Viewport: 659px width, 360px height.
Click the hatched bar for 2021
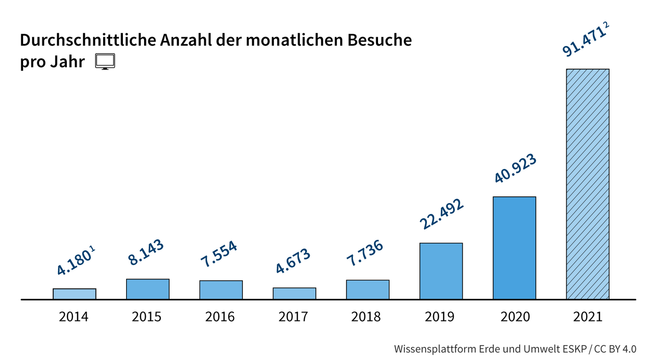point(587,184)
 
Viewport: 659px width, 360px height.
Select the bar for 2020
point(514,248)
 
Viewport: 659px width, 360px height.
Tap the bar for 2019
point(441,271)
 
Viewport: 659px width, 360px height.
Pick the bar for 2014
point(74,294)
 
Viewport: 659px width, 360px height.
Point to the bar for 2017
point(294,294)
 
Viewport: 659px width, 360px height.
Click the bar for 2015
point(147,289)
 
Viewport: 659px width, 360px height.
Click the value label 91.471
point(583,42)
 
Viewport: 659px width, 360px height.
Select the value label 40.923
point(515,168)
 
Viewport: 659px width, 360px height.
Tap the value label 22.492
point(442,214)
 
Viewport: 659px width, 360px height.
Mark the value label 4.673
point(293,261)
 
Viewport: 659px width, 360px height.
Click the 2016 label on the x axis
point(220,317)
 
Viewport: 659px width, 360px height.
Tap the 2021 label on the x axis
point(587,317)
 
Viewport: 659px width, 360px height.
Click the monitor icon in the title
point(105,62)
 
